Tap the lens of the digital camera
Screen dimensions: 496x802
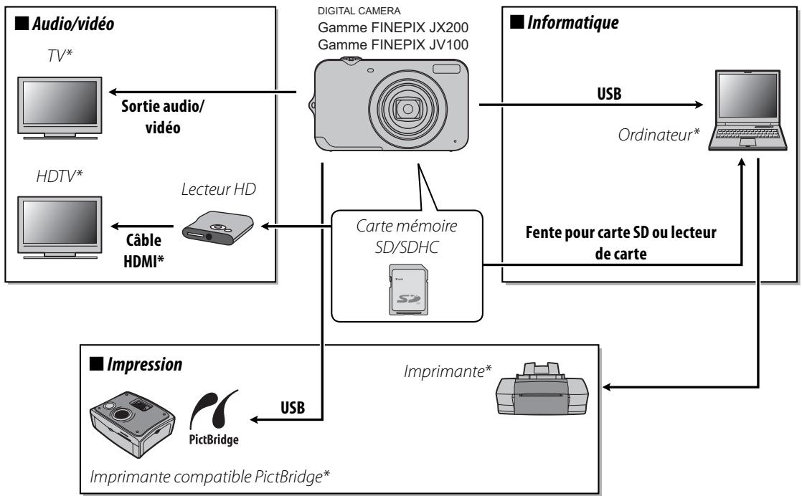[407, 109]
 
